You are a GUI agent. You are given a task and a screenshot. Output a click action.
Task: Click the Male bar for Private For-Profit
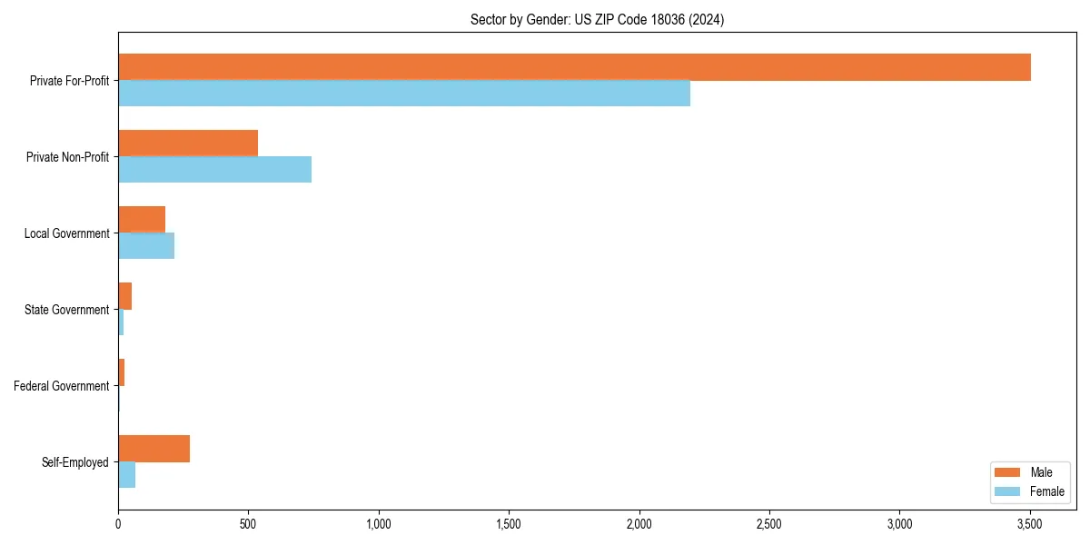(x=574, y=67)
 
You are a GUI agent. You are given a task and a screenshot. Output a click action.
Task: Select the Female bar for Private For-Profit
(x=404, y=94)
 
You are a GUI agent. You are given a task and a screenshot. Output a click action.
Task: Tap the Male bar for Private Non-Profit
(x=188, y=144)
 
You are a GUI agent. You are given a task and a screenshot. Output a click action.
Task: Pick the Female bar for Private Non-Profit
(x=214, y=170)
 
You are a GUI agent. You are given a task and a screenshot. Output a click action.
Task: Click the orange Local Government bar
(x=142, y=220)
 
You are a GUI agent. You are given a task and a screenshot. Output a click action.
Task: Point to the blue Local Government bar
(x=146, y=246)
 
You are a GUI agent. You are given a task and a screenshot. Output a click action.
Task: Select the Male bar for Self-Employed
(x=154, y=449)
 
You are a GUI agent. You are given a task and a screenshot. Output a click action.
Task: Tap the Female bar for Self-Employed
(x=127, y=475)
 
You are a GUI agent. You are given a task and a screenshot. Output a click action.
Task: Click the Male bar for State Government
(x=125, y=296)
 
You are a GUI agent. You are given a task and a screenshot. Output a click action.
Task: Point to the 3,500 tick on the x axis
(x=1029, y=525)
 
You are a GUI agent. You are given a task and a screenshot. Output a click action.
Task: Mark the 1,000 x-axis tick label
(x=379, y=525)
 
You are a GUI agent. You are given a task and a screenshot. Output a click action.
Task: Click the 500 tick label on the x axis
(x=248, y=525)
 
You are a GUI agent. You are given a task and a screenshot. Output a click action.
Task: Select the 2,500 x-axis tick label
(x=769, y=525)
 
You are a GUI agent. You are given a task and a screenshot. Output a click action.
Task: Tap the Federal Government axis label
(x=62, y=386)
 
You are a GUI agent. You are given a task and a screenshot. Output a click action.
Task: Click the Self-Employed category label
(x=75, y=462)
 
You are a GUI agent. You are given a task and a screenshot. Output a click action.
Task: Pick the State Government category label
(x=67, y=310)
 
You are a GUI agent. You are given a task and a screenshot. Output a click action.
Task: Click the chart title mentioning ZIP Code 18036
(x=597, y=19)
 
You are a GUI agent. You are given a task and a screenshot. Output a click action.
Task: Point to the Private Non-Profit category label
(x=67, y=157)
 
